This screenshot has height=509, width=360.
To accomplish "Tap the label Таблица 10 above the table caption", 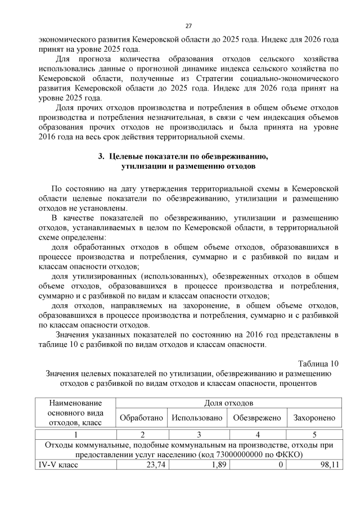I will [318, 362].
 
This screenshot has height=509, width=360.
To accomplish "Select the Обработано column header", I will [141, 418].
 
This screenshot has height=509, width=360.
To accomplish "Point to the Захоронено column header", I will [314, 418].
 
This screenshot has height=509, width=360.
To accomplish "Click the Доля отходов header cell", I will [229, 403].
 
